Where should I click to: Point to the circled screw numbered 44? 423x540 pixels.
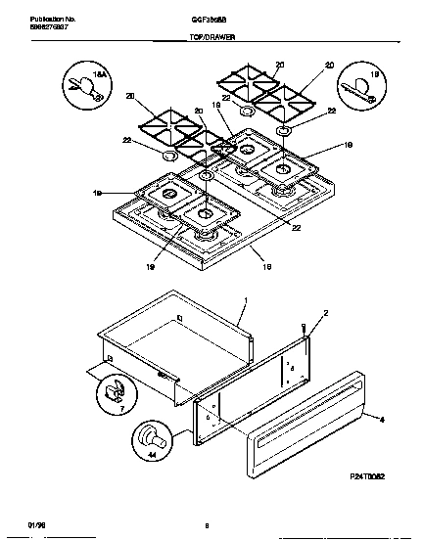point(150,437)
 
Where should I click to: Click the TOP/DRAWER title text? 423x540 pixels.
point(211,36)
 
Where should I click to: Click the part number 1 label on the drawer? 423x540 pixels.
point(244,301)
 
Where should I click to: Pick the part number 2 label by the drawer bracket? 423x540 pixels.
point(328,312)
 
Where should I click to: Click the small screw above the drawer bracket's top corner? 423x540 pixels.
point(305,331)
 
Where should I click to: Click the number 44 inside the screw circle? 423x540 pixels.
point(150,454)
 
